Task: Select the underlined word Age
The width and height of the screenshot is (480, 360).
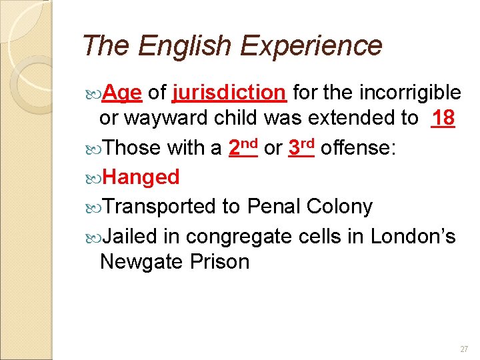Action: pyautogui.click(x=122, y=93)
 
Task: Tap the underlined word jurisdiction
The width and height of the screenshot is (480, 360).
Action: pyautogui.click(x=229, y=93)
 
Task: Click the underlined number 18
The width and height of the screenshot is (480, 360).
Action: pyautogui.click(x=443, y=118)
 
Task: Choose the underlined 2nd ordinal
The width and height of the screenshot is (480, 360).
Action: pyautogui.click(x=243, y=147)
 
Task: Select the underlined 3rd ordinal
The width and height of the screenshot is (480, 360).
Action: pyautogui.click(x=302, y=147)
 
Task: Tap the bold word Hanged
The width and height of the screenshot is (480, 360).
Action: pyautogui.click(x=141, y=177)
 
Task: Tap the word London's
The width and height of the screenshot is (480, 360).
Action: pyautogui.click(x=413, y=236)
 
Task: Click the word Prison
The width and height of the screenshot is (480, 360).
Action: pyautogui.click(x=219, y=262)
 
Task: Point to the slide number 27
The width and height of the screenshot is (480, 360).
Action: pyautogui.click(x=464, y=349)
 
